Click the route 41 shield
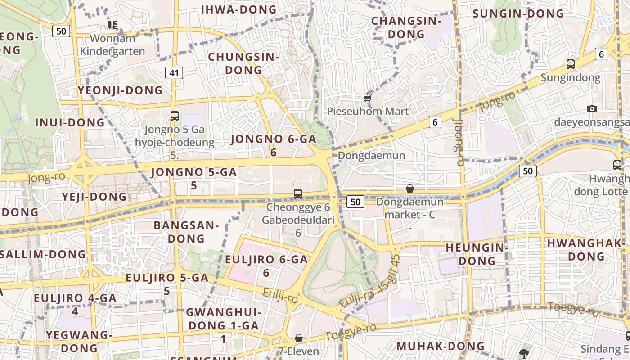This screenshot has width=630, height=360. [x=174, y=72]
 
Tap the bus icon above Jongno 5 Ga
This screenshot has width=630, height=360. [x=175, y=116]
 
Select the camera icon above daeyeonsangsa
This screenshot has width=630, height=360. [x=592, y=108]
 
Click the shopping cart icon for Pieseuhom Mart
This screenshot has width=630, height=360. [x=368, y=98]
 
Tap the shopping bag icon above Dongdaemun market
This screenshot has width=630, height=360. [x=410, y=189]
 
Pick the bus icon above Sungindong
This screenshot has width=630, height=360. [x=571, y=64]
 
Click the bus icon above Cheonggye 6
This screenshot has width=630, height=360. [x=297, y=194]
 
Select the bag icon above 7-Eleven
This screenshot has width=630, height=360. [x=298, y=338]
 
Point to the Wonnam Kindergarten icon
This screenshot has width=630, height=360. [x=112, y=25]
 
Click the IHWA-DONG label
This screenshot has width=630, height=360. [x=239, y=9]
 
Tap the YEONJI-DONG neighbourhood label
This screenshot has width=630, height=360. [x=120, y=90]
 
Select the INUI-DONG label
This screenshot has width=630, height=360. [x=70, y=122]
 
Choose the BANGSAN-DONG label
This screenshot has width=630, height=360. [x=186, y=232]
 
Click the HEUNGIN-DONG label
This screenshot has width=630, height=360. [x=477, y=254]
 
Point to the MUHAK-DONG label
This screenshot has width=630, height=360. [x=440, y=346]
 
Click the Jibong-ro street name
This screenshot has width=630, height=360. [x=459, y=143]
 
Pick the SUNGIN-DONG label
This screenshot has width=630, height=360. [x=518, y=13]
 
